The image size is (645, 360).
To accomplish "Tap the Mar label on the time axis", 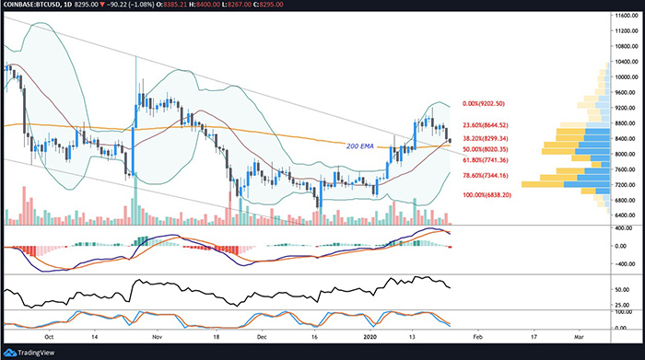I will tap(578, 337).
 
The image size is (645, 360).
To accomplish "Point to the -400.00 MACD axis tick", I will tap(627, 262).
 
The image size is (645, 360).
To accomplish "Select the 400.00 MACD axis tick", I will tap(627, 228).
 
